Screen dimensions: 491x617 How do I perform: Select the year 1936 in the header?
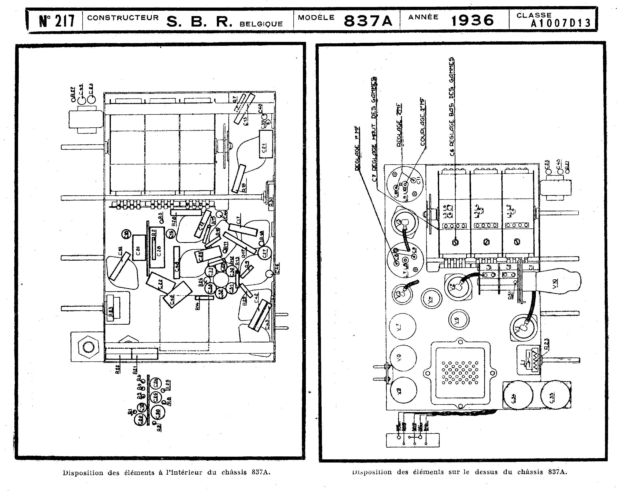pos(472,20)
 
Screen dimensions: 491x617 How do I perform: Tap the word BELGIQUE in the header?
pos(261,24)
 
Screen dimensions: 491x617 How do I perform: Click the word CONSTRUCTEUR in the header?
pos(123,18)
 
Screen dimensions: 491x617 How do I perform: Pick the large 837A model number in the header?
pos(368,21)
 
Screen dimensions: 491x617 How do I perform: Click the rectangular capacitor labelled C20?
pos(139,248)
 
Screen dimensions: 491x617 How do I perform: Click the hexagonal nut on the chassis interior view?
pos(88,347)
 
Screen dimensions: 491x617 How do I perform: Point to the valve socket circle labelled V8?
pos(403,358)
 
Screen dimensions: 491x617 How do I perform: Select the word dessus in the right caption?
pos(486,472)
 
